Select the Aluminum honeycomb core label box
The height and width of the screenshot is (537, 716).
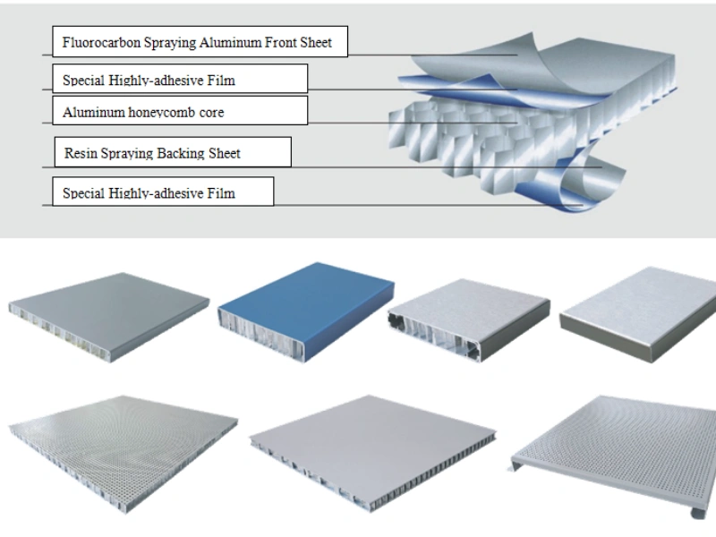[180, 111]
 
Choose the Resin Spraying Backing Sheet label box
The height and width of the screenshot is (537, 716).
[173, 152]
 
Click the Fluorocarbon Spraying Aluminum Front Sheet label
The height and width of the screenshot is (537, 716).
[198, 42]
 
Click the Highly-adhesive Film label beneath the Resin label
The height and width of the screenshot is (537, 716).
[162, 191]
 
